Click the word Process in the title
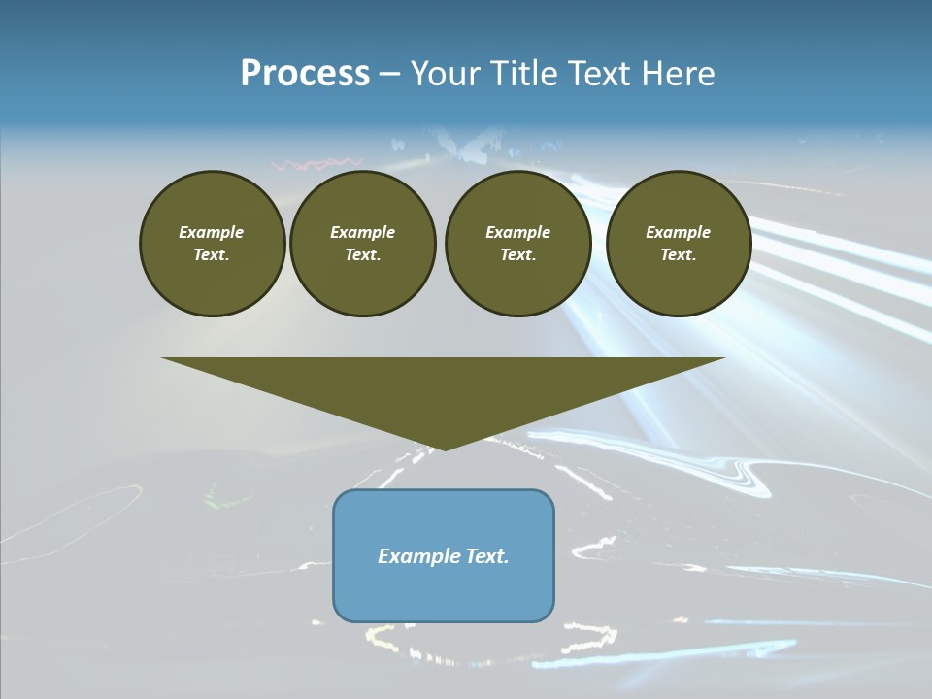[305, 74]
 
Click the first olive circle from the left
[212, 244]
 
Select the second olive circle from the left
[362, 244]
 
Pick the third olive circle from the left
[517, 244]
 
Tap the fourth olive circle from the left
[679, 244]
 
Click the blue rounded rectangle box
[444, 582]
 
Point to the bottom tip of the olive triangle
[445, 449]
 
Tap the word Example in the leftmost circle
[212, 232]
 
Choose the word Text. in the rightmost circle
[679, 255]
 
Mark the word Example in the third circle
[517, 232]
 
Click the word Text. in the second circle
[362, 255]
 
